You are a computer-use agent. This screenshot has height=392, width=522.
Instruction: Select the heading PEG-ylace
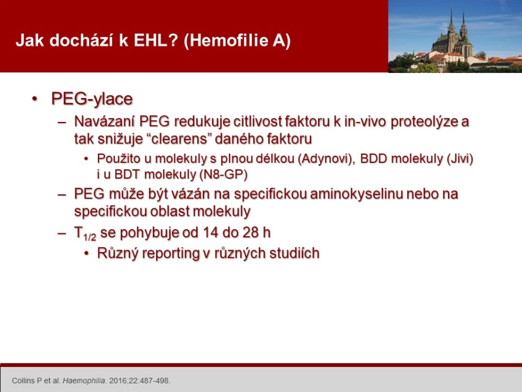tap(92, 99)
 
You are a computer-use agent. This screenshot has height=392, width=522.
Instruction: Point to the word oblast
tap(169, 211)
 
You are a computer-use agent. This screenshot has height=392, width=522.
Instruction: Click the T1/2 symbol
tap(85, 233)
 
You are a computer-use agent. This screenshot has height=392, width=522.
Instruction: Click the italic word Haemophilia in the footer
tap(84, 381)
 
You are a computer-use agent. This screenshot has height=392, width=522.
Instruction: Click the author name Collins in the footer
tap(22, 381)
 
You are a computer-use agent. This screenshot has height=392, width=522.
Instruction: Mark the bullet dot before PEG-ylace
tap(35, 99)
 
